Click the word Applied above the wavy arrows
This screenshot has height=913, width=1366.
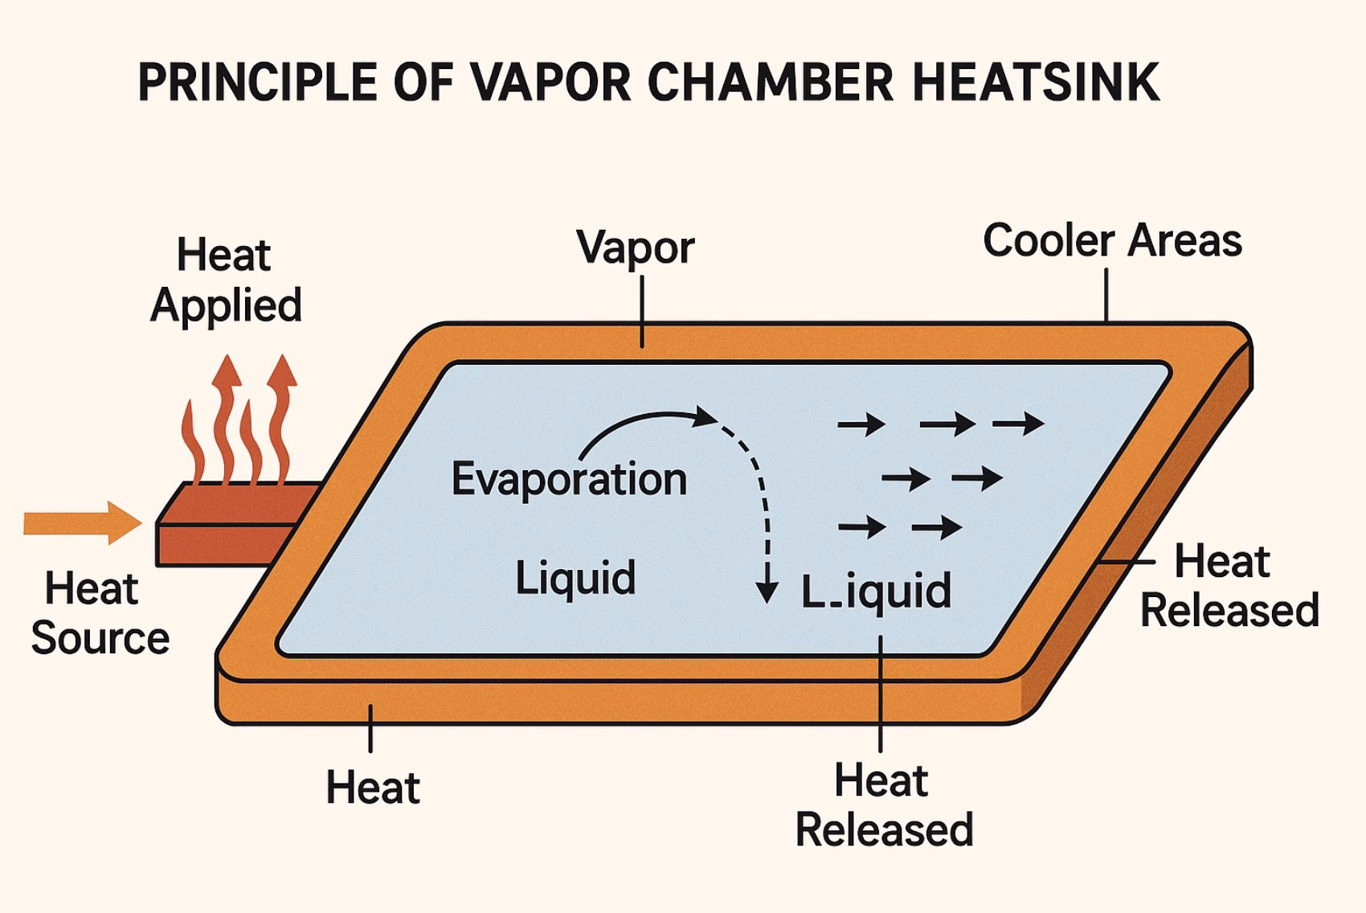point(226,306)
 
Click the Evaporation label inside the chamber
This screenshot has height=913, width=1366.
point(569,480)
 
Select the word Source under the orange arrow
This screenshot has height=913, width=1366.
point(100,638)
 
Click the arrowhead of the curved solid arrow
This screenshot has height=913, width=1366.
point(705,416)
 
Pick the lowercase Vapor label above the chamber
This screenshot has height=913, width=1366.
point(635,248)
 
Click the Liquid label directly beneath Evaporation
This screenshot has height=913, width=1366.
point(575,578)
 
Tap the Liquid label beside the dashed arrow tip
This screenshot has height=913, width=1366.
point(876,592)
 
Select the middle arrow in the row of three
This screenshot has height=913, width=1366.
point(948,424)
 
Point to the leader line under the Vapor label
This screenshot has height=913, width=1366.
point(642,317)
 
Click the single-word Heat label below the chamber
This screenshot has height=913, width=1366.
point(373,787)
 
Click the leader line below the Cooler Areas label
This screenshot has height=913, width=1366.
point(1106,295)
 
